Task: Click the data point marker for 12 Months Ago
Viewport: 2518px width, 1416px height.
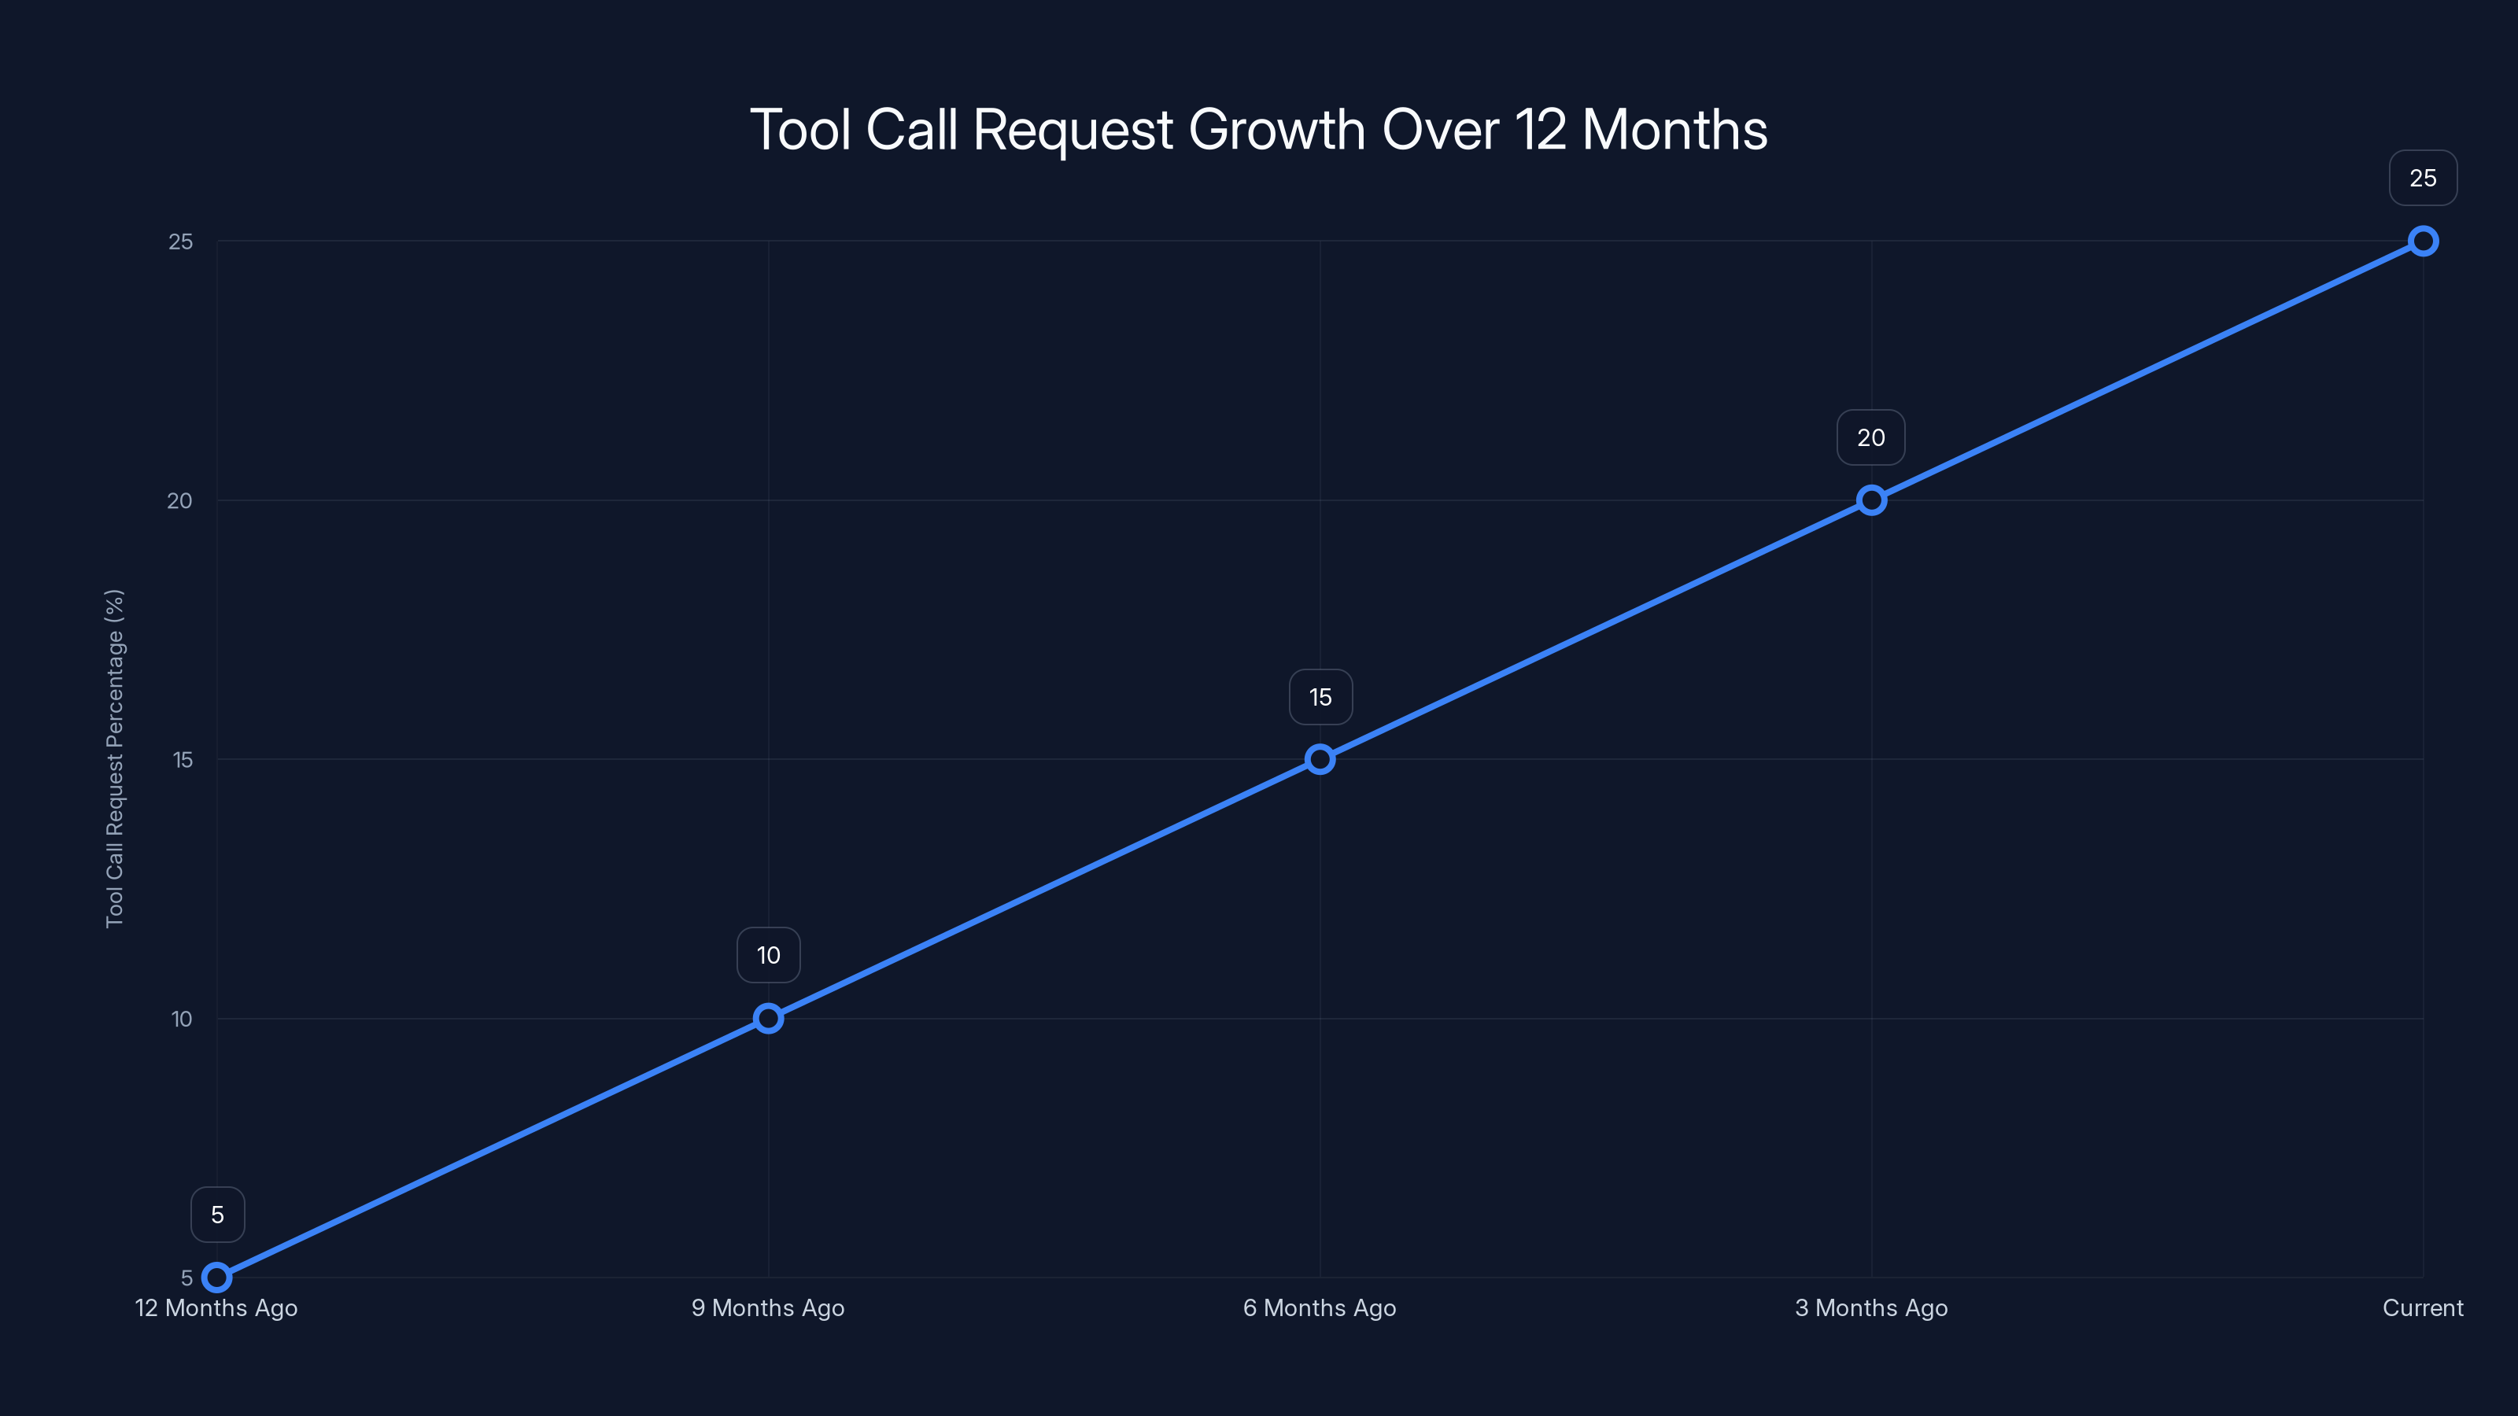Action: pos(217,1278)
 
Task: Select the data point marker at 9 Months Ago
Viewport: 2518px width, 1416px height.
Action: pos(768,1018)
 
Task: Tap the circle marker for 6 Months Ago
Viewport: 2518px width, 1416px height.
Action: pos(1320,759)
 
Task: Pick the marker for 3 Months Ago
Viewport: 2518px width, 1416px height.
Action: pos(1871,500)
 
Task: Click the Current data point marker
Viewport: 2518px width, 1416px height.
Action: pos(2422,242)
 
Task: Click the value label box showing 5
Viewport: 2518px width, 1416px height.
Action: pos(217,1215)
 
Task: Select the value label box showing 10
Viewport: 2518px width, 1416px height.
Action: pos(768,955)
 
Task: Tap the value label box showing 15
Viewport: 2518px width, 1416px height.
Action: pos(1320,697)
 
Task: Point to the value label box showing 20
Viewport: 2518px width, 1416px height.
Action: pos(1871,438)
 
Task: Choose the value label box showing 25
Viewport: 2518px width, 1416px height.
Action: pos(2422,178)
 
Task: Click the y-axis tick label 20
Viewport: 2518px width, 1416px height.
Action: pos(180,500)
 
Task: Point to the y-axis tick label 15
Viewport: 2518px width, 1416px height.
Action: pos(182,760)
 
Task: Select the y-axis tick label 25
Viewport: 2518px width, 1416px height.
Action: pos(180,242)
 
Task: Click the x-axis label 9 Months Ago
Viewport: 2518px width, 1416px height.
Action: pos(768,1307)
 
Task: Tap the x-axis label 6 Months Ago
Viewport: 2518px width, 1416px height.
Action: pos(1320,1307)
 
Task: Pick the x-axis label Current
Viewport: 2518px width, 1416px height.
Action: pos(2422,1307)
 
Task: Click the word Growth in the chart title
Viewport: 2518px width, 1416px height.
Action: pos(1276,130)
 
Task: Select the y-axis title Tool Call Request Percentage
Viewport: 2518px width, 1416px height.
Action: pos(114,758)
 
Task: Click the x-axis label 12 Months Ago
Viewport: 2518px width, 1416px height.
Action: pos(216,1307)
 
